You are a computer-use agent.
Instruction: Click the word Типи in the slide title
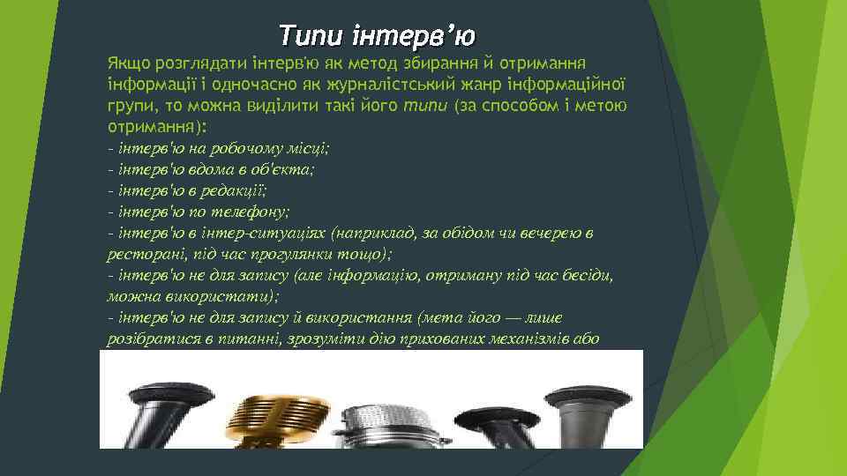310,36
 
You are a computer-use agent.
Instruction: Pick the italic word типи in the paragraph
427,108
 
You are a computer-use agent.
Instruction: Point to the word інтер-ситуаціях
266,233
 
